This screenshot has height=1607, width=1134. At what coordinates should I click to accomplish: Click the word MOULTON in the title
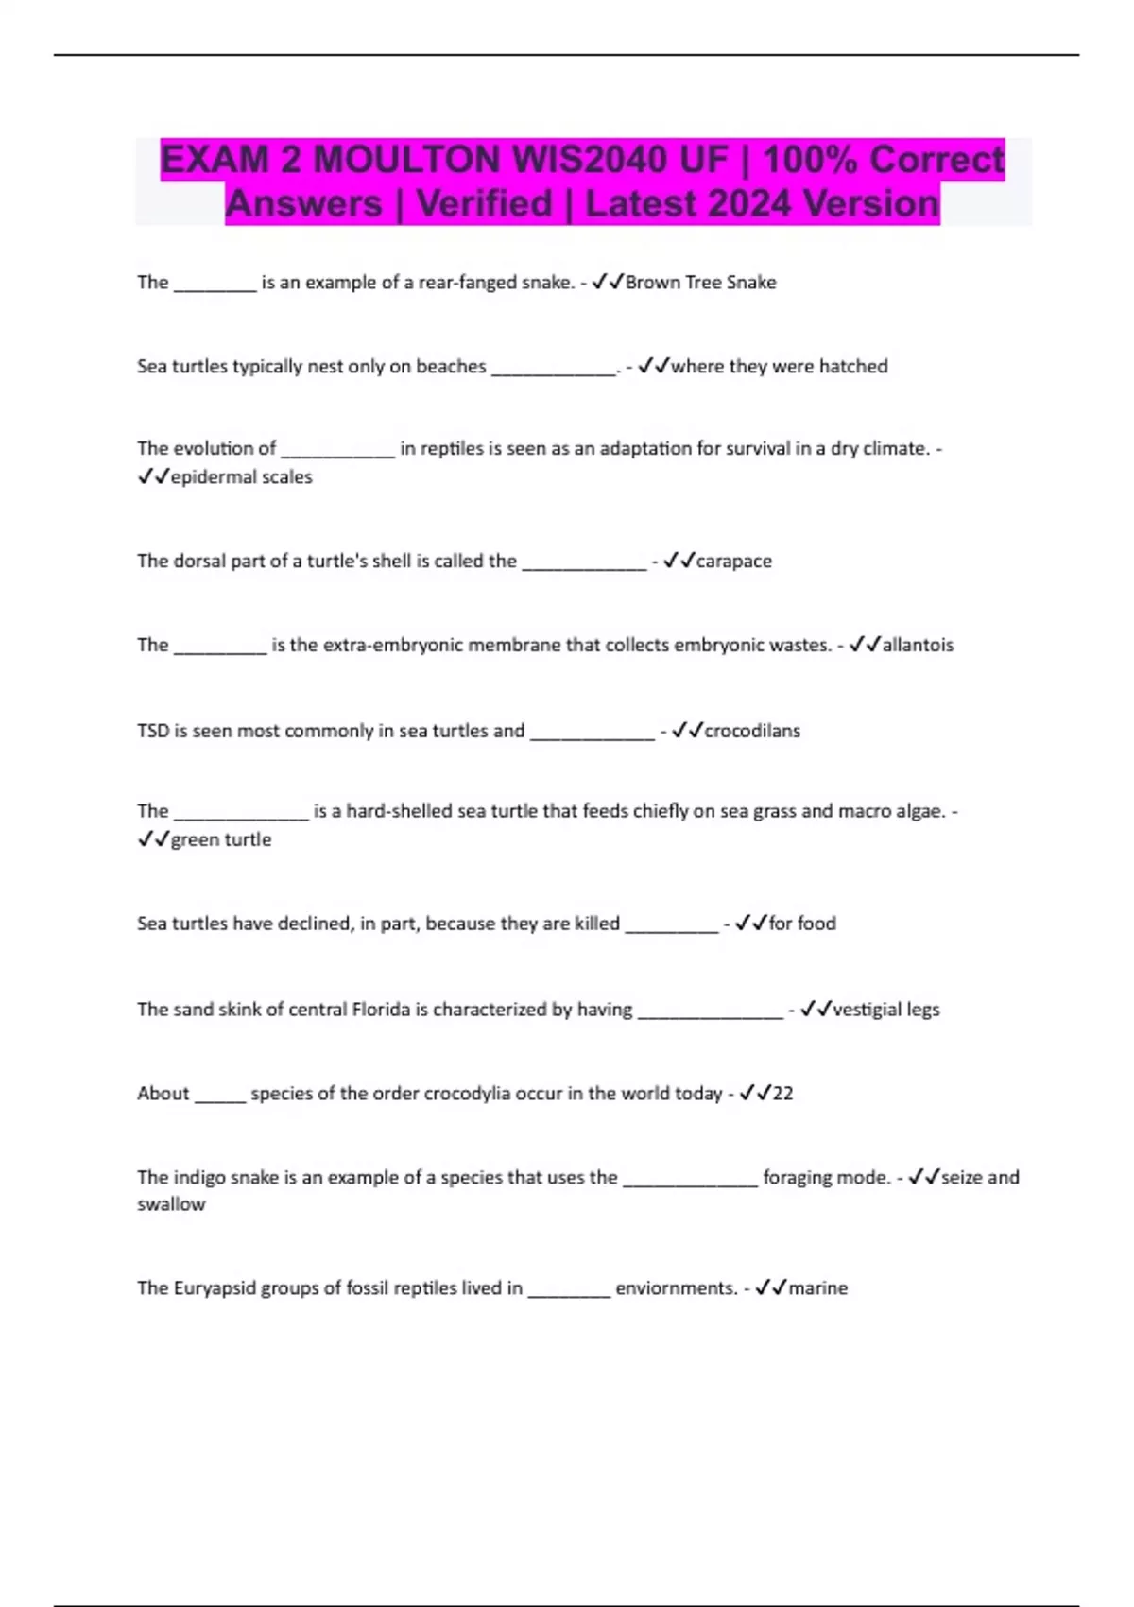click(x=407, y=160)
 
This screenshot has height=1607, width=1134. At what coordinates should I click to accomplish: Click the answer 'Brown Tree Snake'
click(x=700, y=283)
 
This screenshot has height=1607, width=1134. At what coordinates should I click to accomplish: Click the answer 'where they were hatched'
click(x=779, y=367)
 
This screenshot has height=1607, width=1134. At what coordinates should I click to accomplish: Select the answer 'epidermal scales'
click(x=241, y=477)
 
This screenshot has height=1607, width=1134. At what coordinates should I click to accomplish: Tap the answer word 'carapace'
click(x=733, y=562)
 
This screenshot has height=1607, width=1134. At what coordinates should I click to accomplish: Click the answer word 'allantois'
click(x=918, y=646)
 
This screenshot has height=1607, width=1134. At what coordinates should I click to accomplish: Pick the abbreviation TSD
click(x=152, y=731)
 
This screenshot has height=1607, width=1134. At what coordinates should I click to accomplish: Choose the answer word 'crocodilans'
click(x=752, y=731)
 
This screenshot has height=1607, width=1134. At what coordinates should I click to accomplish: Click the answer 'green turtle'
click(x=220, y=840)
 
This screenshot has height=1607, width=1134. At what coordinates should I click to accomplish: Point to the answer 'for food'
click(x=802, y=924)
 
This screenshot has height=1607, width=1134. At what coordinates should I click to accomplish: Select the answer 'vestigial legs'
click(x=885, y=1010)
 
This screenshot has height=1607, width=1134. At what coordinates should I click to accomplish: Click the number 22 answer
click(x=782, y=1094)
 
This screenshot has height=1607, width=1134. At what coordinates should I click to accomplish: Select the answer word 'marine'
click(x=817, y=1288)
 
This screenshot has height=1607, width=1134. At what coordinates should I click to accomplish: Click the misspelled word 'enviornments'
click(x=676, y=1288)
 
